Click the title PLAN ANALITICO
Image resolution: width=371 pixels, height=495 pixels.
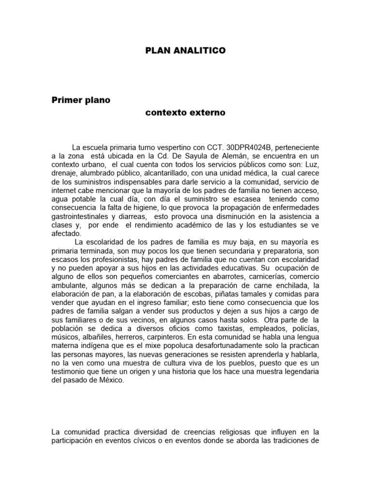[185, 50]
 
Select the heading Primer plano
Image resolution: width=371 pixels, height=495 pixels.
[81, 101]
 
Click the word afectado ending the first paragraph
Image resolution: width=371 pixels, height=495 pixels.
[66, 233]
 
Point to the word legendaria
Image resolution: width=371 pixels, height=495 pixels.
[298, 373]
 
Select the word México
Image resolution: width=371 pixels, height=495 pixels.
[110, 381]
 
